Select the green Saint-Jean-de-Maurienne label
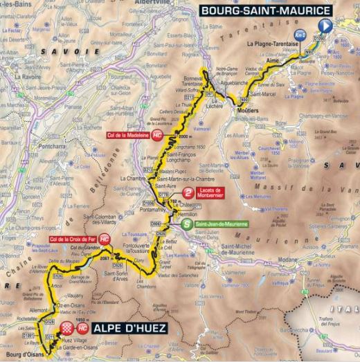221,224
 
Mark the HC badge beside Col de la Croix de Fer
105,239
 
